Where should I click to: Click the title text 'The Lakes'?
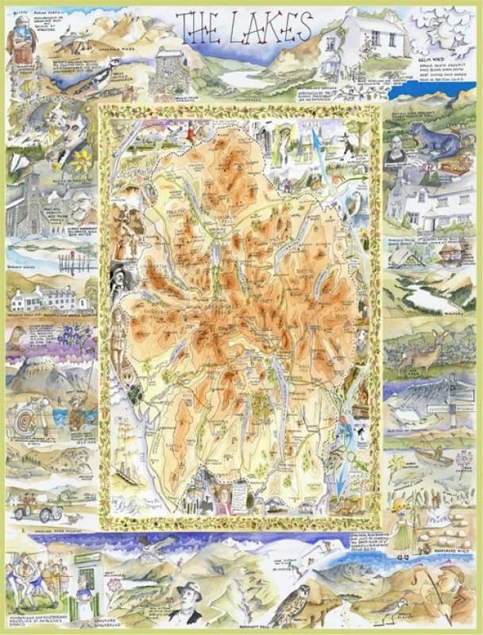(x=243, y=29)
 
